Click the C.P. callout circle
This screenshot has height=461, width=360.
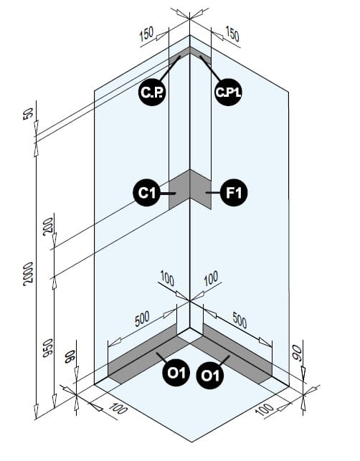(x=152, y=92)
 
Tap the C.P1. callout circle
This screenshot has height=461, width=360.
(x=228, y=92)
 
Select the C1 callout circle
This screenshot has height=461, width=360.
(x=147, y=193)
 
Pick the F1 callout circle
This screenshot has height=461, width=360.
(x=234, y=193)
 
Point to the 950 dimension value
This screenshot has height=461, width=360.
(x=48, y=348)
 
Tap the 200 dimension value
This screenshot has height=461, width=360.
(x=48, y=227)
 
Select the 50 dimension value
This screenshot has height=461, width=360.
(x=28, y=114)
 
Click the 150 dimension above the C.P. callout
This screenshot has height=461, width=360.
(x=146, y=34)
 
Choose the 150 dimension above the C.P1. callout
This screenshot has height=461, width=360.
(x=232, y=34)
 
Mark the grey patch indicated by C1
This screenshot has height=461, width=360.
(x=179, y=189)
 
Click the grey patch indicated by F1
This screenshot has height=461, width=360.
(x=201, y=189)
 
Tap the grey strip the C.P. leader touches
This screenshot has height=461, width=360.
(x=179, y=57)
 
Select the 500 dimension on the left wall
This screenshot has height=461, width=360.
(x=143, y=319)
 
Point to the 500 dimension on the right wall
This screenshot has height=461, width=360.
(x=240, y=320)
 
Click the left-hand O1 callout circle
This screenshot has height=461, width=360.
(x=176, y=373)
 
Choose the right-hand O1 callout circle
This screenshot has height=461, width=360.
(x=210, y=376)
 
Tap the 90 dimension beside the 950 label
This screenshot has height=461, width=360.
(x=70, y=356)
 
